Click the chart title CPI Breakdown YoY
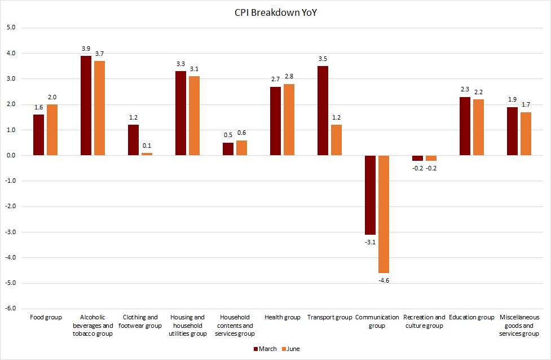275,13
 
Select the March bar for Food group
38,135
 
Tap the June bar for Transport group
336,140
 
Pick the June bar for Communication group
384,214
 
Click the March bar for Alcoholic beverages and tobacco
86,106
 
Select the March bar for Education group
465,126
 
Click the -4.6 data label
384,280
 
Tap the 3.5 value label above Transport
323,59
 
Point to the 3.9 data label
86,49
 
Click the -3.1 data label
370,242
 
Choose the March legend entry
265,349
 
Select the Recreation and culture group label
424,322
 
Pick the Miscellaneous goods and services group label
519,326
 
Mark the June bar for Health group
289,120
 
